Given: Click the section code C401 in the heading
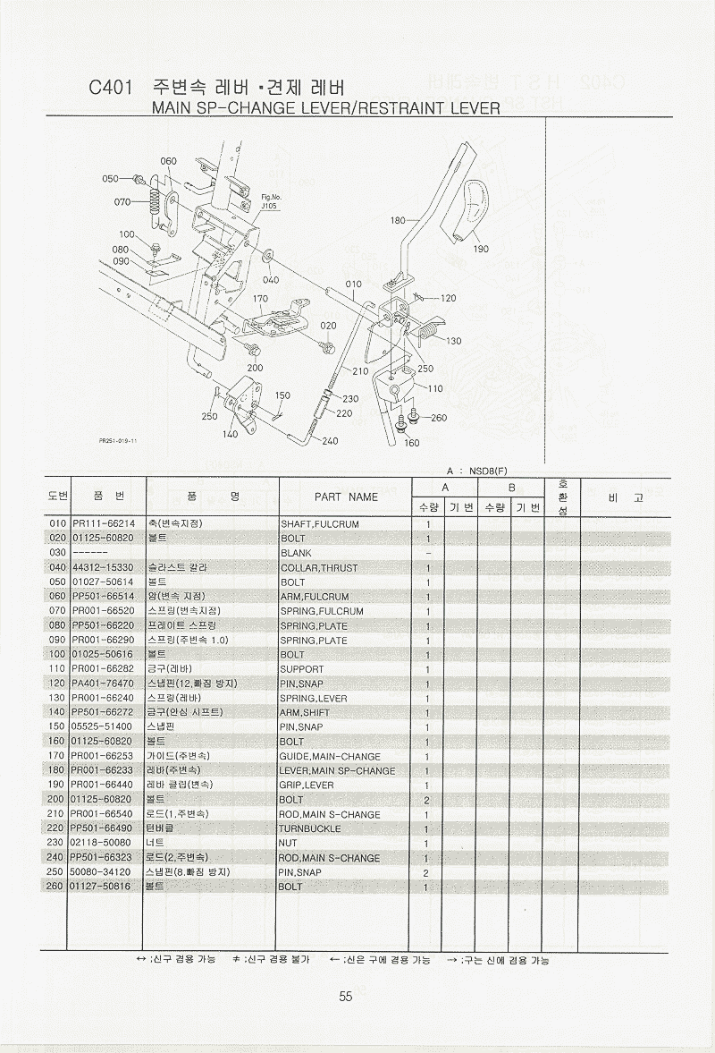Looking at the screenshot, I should [x=111, y=89].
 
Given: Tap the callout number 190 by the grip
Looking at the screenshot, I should [x=481, y=249].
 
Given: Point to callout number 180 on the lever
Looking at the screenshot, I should [x=398, y=220].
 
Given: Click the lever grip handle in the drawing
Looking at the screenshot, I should [x=472, y=212].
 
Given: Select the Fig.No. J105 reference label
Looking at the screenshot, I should [x=271, y=201].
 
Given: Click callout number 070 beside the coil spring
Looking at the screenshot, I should [x=123, y=202].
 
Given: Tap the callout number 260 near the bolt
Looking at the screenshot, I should [x=439, y=418].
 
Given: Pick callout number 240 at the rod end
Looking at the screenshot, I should [x=330, y=441].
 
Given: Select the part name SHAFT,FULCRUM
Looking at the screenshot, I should [x=319, y=524].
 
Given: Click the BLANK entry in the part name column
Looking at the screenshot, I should [x=296, y=554].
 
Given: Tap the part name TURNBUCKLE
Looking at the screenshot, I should [x=307, y=829].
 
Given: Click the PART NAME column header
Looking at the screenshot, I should [x=346, y=497].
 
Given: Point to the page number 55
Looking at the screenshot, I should [x=347, y=998].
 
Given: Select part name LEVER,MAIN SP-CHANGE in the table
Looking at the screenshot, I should [x=338, y=771].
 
